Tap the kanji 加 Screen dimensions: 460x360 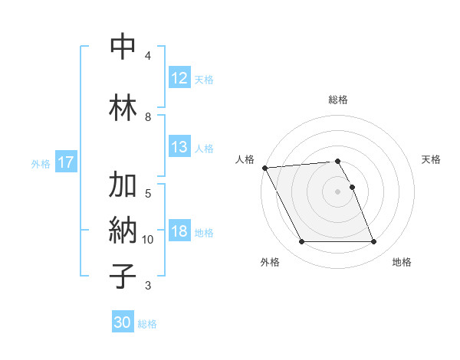click(123, 185)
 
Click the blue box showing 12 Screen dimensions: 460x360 click(179, 78)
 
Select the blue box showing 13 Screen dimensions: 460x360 click(179, 147)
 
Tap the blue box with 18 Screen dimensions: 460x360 click(179, 231)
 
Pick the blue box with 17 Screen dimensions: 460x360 click(66, 162)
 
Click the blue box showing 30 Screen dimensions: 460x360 click(123, 322)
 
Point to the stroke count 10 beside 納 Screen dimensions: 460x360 click(148, 240)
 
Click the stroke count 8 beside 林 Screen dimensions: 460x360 click(148, 116)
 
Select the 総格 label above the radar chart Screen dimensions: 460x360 click(338, 100)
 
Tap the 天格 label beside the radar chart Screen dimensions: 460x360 click(431, 159)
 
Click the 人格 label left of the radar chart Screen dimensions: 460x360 click(245, 159)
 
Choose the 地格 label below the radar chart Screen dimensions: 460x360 click(402, 262)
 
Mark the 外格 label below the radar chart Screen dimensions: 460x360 click(270, 262)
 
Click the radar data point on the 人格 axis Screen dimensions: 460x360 click(264, 168)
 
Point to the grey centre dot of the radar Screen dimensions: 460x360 click(338, 191)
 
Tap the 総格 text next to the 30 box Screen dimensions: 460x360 click(147, 324)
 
